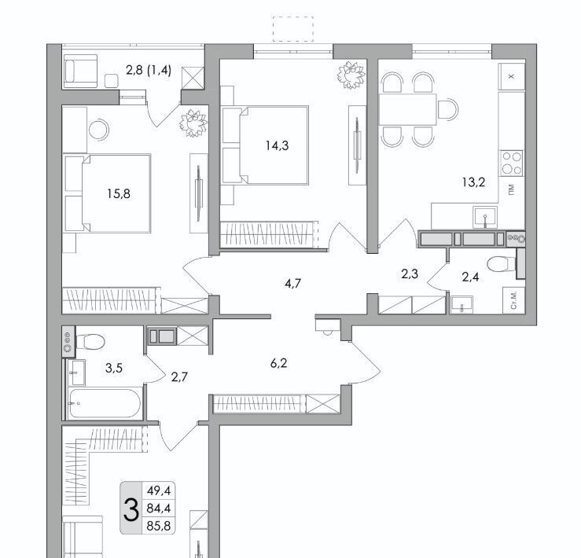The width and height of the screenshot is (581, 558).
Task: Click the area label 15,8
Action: click(119, 194)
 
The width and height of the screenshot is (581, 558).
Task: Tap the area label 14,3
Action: click(278, 146)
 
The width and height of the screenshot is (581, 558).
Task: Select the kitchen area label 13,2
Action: click(473, 182)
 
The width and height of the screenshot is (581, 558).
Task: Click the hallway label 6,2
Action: click(278, 363)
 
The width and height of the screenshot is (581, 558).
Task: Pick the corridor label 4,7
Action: click(292, 284)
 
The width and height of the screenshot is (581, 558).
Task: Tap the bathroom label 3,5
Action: click(114, 369)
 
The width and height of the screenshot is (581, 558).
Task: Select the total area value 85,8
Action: click(159, 526)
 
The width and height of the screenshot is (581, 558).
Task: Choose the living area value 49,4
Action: click(159, 491)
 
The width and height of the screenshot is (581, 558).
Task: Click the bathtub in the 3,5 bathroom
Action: click(105, 403)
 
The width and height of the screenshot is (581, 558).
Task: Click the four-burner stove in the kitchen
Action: click(511, 163)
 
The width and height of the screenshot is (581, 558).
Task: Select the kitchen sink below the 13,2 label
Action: click(484, 217)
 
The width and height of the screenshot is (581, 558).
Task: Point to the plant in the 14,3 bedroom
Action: click(351, 75)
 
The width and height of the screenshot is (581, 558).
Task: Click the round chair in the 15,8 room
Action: click(99, 130)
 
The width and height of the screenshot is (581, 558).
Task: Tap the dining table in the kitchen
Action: click(407, 109)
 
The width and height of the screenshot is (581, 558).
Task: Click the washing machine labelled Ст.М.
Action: click(513, 300)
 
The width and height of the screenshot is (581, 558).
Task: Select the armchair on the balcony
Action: click(80, 72)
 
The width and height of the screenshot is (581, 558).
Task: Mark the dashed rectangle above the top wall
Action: click(293, 29)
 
